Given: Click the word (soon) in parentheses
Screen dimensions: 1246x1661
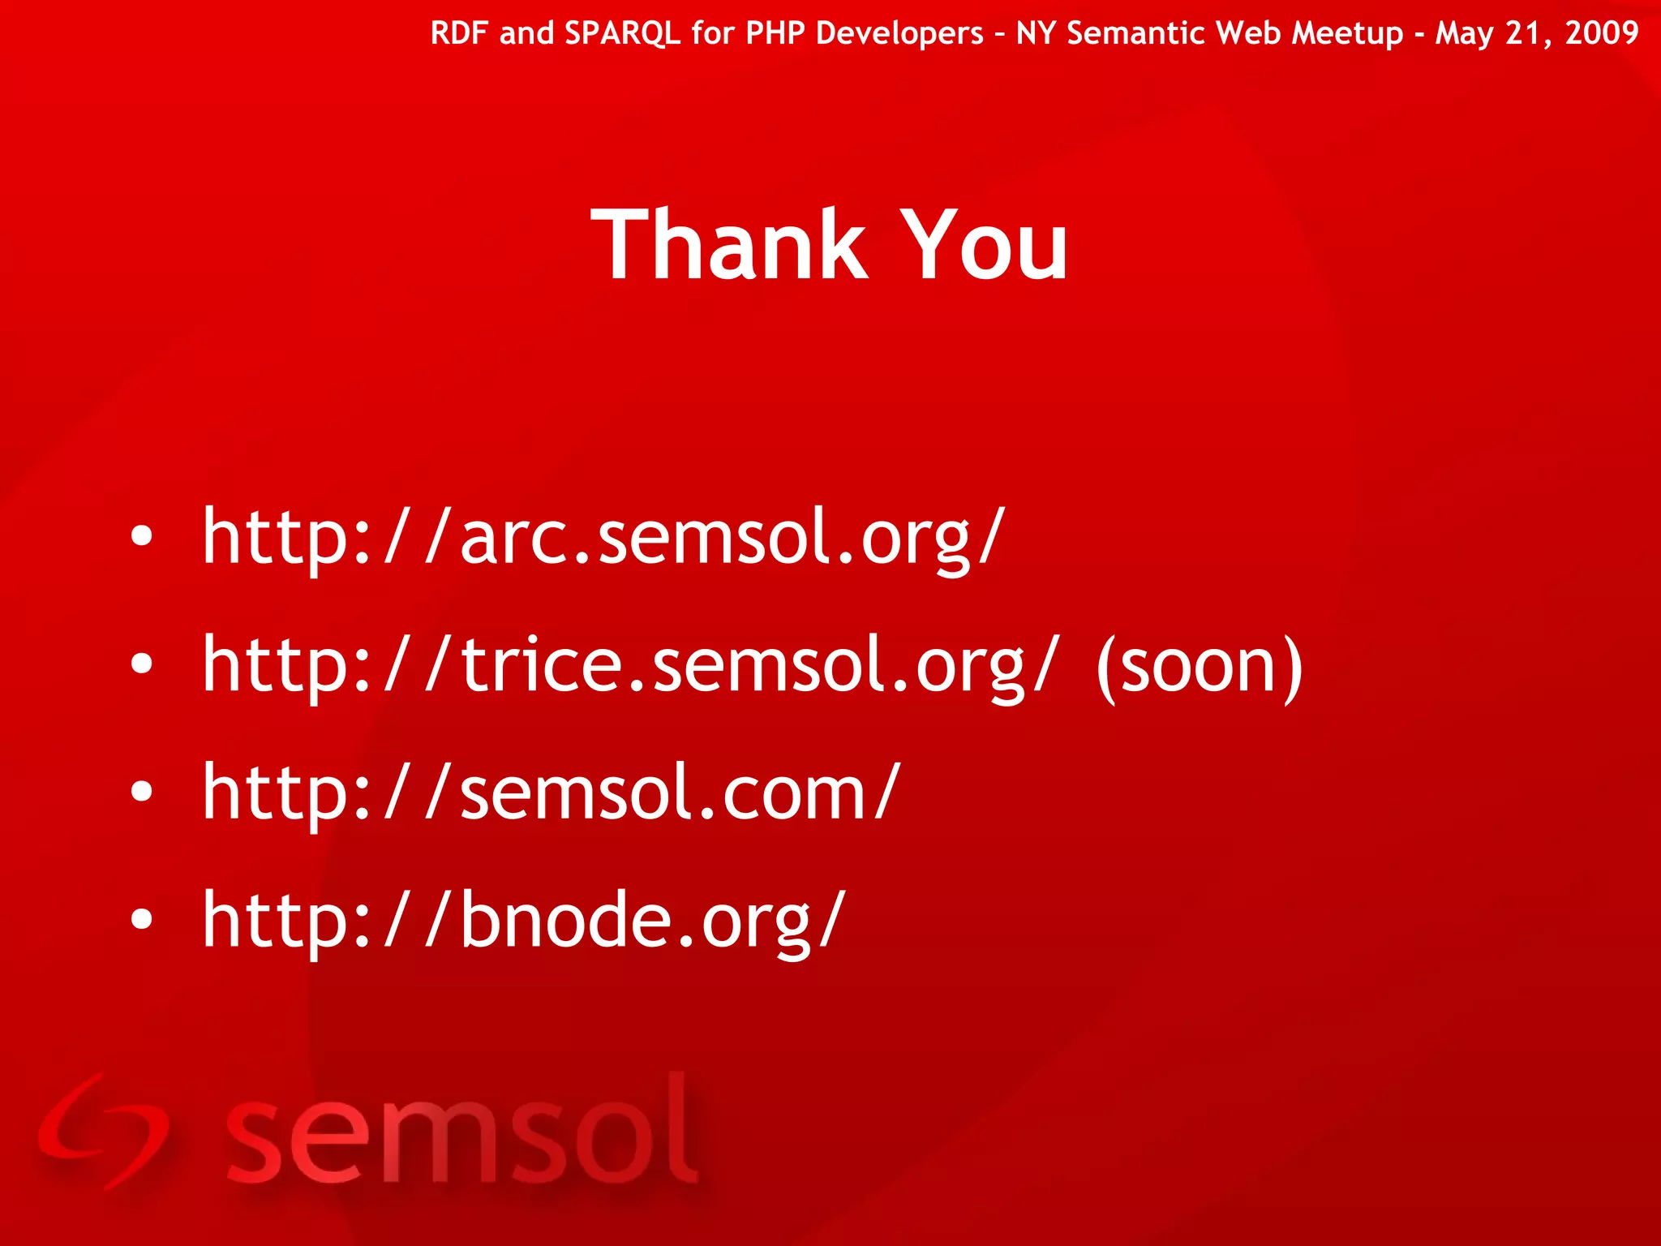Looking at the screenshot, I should [1199, 667].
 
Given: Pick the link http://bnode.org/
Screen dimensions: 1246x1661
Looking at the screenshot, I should [524, 921].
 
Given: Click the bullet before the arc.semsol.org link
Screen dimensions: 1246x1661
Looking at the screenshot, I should [142, 536].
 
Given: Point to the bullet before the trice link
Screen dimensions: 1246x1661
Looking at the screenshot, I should [142, 664].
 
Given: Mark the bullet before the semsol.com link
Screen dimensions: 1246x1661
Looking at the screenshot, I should [142, 791].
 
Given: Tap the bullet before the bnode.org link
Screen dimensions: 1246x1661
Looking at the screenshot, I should [142, 918].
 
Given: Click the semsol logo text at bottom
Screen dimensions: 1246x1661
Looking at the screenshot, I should [461, 1132].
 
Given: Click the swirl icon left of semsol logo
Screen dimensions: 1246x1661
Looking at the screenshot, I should [104, 1129].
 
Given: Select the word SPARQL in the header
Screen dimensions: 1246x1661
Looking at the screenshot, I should [622, 33].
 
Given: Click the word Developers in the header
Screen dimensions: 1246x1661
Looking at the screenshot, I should [899, 33].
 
